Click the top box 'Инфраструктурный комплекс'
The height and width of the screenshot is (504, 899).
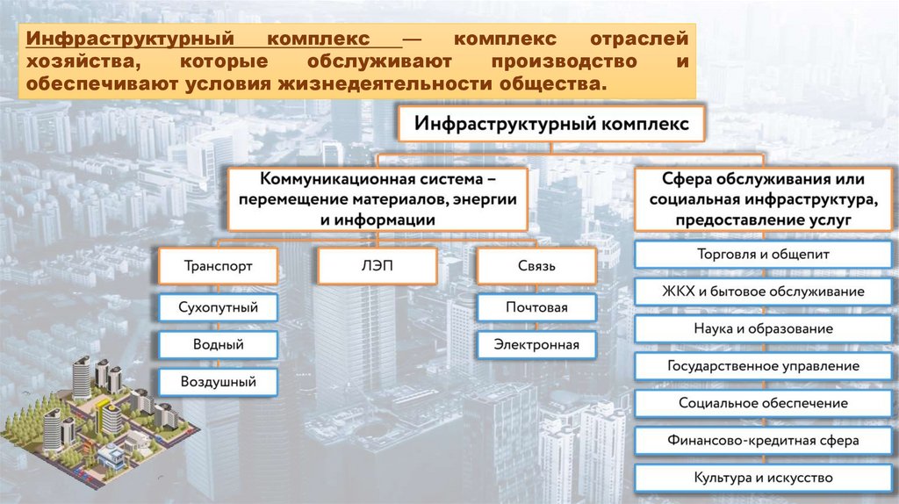[552, 125]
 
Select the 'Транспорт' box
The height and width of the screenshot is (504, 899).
[219, 265]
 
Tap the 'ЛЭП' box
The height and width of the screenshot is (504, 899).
[377, 265]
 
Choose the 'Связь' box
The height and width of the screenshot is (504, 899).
[536, 265]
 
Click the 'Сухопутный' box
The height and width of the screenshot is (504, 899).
[219, 307]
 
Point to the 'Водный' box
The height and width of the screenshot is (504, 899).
[219, 344]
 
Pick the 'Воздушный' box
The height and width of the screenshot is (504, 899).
[219, 382]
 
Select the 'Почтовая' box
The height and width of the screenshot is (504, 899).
[536, 307]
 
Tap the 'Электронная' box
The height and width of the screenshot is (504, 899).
[536, 344]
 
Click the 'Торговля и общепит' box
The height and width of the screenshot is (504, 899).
[763, 254]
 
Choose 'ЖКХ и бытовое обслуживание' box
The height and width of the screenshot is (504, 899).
[763, 291]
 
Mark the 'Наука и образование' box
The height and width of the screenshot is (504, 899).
[763, 328]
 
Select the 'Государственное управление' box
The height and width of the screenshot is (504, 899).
[763, 365]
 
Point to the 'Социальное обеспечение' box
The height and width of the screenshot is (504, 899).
[763, 403]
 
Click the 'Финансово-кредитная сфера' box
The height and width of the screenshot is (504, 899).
[763, 440]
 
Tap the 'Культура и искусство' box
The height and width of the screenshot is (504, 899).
[763, 478]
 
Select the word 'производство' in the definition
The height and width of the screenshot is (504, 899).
[550, 63]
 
